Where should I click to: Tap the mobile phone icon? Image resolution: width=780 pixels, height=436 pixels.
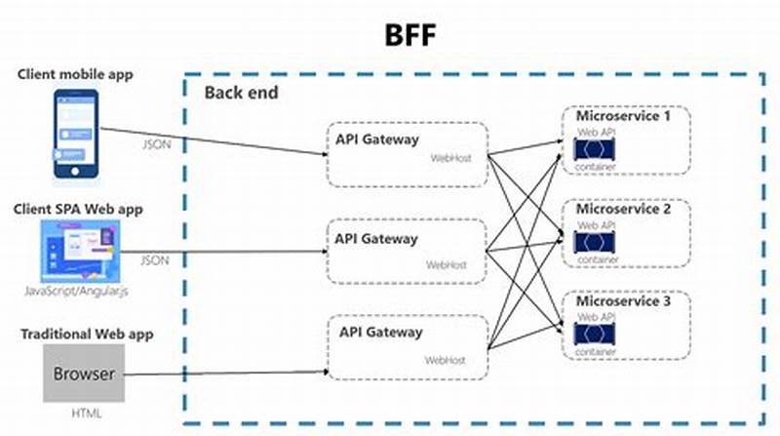[76, 134]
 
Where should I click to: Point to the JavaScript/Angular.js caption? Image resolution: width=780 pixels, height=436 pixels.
[76, 292]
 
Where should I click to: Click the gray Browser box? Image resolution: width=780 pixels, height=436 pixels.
[83, 374]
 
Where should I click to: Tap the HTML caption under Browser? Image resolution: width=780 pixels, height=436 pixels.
[83, 414]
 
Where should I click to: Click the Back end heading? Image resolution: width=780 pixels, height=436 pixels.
[241, 93]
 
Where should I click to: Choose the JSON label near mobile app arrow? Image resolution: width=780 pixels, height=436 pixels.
[158, 144]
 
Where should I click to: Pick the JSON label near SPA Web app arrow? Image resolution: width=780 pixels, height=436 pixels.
[155, 260]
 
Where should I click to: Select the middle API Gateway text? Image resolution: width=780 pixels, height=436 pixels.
[375, 238]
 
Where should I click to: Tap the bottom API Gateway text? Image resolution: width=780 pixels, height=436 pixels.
[380, 332]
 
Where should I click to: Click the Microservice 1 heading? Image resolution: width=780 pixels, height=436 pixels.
[624, 116]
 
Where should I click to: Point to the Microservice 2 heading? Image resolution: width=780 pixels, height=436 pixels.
[624, 209]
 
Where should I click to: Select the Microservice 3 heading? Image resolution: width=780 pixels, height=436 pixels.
[624, 301]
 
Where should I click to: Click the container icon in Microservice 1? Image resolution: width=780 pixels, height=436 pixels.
[595, 149]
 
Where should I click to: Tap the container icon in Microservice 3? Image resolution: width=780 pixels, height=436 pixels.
[595, 335]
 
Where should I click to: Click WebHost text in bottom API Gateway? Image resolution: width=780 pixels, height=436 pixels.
[445, 360]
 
